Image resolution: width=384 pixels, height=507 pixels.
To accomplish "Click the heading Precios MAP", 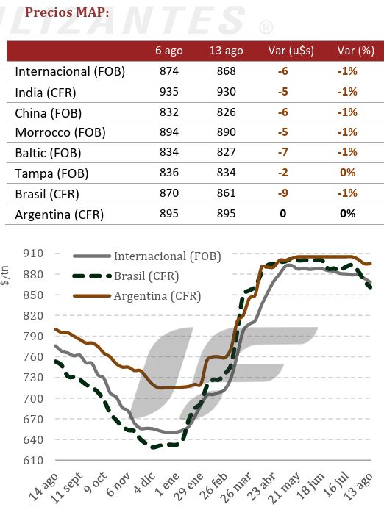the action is point(67,12).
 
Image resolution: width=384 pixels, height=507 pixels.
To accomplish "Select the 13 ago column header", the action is point(226,51).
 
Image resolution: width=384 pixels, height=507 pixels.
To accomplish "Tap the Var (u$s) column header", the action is point(291,51).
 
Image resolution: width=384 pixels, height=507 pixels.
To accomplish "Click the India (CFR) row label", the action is point(46,93).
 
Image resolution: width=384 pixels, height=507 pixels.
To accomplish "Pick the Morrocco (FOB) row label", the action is point(60,132).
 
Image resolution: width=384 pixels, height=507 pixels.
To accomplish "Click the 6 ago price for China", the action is point(169,112).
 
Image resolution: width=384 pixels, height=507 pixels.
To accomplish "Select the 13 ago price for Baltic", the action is point(227,152).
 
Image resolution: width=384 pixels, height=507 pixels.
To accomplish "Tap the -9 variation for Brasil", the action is point(282,193).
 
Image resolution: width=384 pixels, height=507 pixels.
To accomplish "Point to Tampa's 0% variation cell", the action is point(348,173).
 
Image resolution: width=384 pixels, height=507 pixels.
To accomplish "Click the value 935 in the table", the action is point(169,92).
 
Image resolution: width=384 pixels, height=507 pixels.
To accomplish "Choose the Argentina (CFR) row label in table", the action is point(60,215).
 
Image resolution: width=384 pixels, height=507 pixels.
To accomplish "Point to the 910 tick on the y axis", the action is point(33,253).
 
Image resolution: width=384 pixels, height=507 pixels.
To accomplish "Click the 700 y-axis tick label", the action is point(33,398).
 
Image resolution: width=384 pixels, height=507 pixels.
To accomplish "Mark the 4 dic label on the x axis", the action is point(144,483).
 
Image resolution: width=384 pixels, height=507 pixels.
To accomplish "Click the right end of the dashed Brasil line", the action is point(371,287).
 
